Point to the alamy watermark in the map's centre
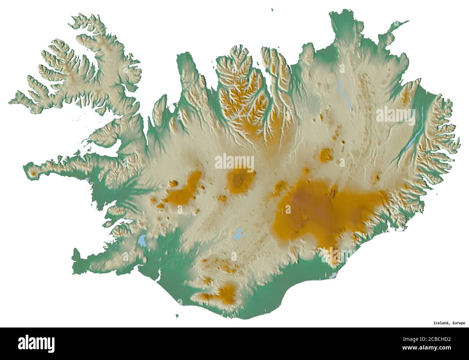pos(234,163)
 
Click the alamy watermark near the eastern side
pos(395,116)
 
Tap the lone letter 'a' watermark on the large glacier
pos(288,210)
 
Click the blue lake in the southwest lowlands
pos(141,240)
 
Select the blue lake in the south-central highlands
pos(238,234)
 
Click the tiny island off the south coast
pos(177,316)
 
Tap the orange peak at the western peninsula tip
pos(33,174)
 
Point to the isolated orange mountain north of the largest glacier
pos(326,155)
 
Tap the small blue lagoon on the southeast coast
pos(334,275)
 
